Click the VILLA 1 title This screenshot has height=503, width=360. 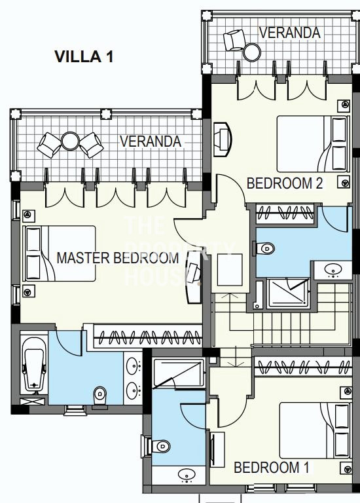pos(84,57)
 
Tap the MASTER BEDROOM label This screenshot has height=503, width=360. pos(118,258)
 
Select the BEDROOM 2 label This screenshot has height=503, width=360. pos(285,183)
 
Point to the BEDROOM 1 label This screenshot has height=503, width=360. pos(272,468)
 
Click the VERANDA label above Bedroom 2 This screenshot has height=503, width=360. pos(289,32)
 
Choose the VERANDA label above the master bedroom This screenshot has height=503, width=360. pos(151,141)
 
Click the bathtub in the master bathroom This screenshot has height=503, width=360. pos(34,365)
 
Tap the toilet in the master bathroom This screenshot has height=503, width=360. pos(100,397)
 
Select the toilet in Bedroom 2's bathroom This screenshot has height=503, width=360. pos(264,248)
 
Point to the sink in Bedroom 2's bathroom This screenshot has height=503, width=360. pos(333,270)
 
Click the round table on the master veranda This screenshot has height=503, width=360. pos(70,141)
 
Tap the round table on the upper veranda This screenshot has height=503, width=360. pos(252,52)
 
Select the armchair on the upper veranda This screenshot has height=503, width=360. pos(234,41)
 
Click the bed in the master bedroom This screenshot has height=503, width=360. pos(60,253)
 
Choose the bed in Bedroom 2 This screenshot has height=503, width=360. pos(312,144)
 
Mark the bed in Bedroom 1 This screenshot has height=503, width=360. pos(314,430)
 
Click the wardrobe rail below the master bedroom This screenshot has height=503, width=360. pos(147,337)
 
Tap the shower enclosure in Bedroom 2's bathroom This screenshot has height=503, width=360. pos(289,293)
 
